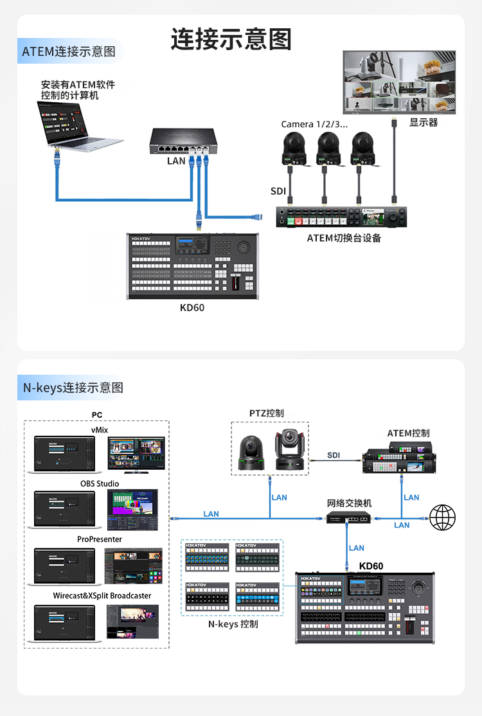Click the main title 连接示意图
(231, 39)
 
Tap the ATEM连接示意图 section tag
(69, 51)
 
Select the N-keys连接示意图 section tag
(73, 388)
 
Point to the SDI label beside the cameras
(278, 192)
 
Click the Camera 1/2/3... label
(314, 124)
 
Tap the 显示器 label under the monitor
(424, 123)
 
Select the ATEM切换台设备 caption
(344, 238)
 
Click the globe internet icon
(442, 517)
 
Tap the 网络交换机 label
(349, 503)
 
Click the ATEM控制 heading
(408, 433)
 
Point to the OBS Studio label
(100, 483)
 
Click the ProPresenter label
(100, 539)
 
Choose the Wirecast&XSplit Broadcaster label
(102, 596)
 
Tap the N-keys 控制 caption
(233, 623)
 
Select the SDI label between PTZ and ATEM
(334, 455)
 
